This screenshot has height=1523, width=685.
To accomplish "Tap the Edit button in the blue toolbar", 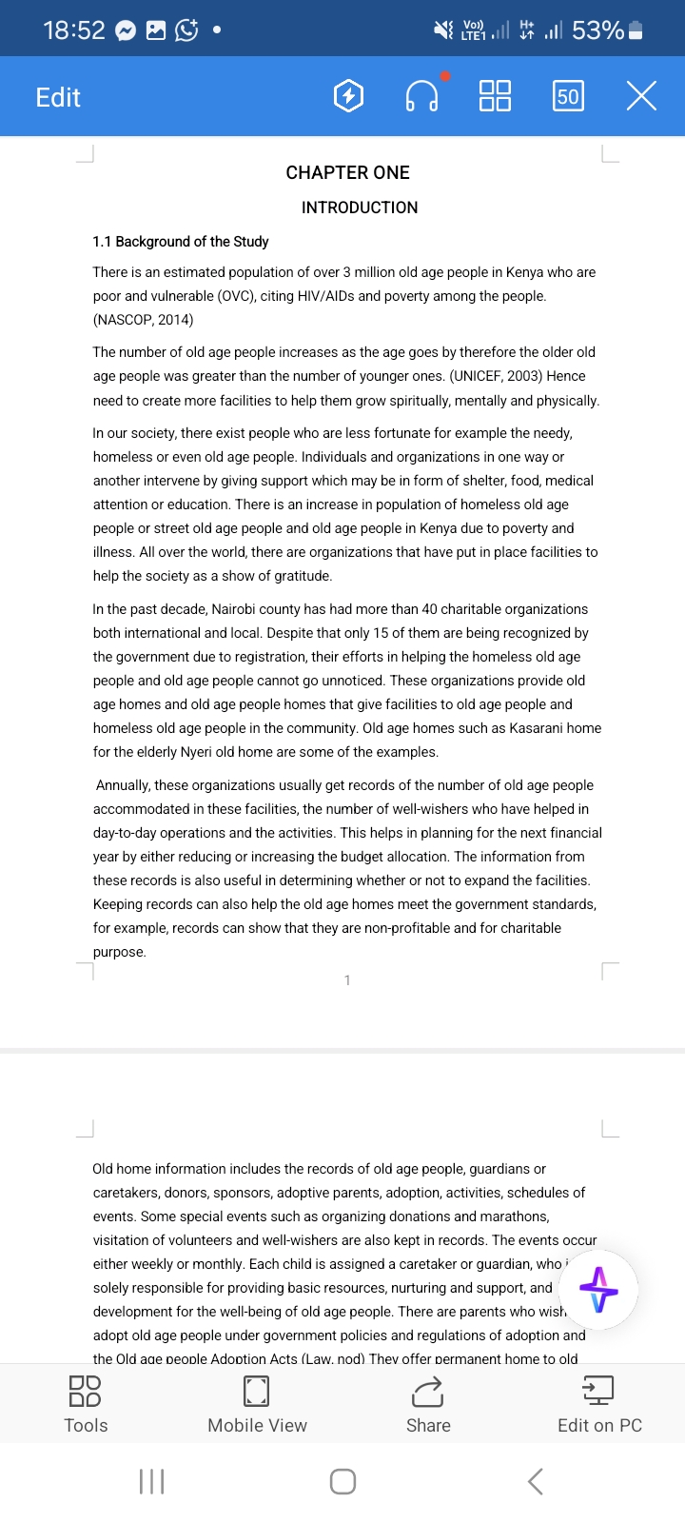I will pyautogui.click(x=58, y=97).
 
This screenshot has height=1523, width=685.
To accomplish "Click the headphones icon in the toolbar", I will pyautogui.click(x=421, y=96).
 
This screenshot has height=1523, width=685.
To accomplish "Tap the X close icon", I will pyautogui.click(x=641, y=96).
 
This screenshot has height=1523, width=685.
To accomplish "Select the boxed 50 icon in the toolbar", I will pyautogui.click(x=568, y=96).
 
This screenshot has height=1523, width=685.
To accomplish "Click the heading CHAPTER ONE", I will pyautogui.click(x=347, y=172).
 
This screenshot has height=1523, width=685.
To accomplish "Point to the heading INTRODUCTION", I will pyautogui.click(x=360, y=208).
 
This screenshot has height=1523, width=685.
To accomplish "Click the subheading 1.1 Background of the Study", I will pyautogui.click(x=181, y=242).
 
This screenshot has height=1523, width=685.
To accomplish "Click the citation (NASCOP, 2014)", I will pyautogui.click(x=143, y=320).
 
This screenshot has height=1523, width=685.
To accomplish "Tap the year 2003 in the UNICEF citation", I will pyautogui.click(x=523, y=376).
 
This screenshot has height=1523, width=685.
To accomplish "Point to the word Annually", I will pyautogui.click(x=123, y=785).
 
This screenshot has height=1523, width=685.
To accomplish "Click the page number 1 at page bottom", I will pyautogui.click(x=347, y=980).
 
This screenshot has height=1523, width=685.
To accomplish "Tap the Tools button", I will pyautogui.click(x=86, y=1403).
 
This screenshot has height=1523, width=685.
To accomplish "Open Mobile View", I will pyautogui.click(x=257, y=1403).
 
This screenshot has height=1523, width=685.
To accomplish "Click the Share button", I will pyautogui.click(x=428, y=1403).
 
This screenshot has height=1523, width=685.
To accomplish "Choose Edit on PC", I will pyautogui.click(x=599, y=1403).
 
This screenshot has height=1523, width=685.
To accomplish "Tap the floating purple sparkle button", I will pyautogui.click(x=598, y=1290).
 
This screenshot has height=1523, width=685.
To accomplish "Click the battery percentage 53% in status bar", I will pyautogui.click(x=597, y=30).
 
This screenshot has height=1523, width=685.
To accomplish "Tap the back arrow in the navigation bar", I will pyautogui.click(x=536, y=1481).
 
